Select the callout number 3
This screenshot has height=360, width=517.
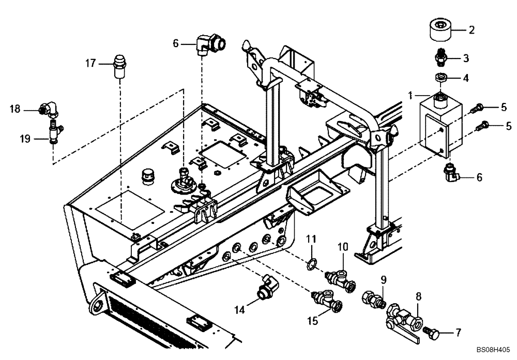pos(465,57)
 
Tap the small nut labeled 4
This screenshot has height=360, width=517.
pos(441,78)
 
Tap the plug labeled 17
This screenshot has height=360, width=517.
pos(119,68)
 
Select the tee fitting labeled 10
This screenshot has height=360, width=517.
pos(339,276)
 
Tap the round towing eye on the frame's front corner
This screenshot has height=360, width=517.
pos(96,309)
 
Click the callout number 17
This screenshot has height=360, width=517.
pos(90,64)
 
